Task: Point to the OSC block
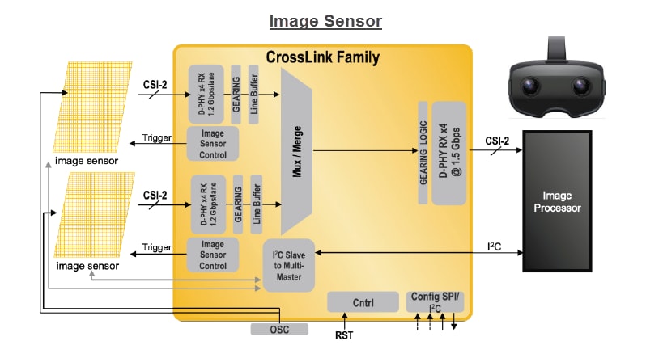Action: (279, 329)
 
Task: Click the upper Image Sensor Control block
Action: (212, 143)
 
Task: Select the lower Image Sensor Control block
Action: (212, 255)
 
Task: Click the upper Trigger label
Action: (156, 137)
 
